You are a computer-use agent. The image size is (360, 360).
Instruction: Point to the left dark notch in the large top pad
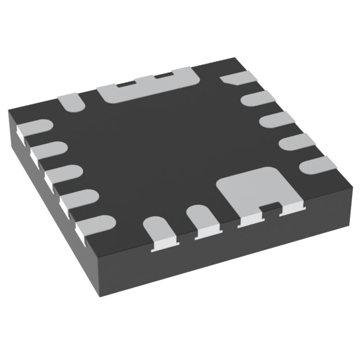125,83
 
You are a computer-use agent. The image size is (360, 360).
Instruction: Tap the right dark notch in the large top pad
163,75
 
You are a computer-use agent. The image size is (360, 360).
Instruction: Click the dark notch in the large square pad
270,209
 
